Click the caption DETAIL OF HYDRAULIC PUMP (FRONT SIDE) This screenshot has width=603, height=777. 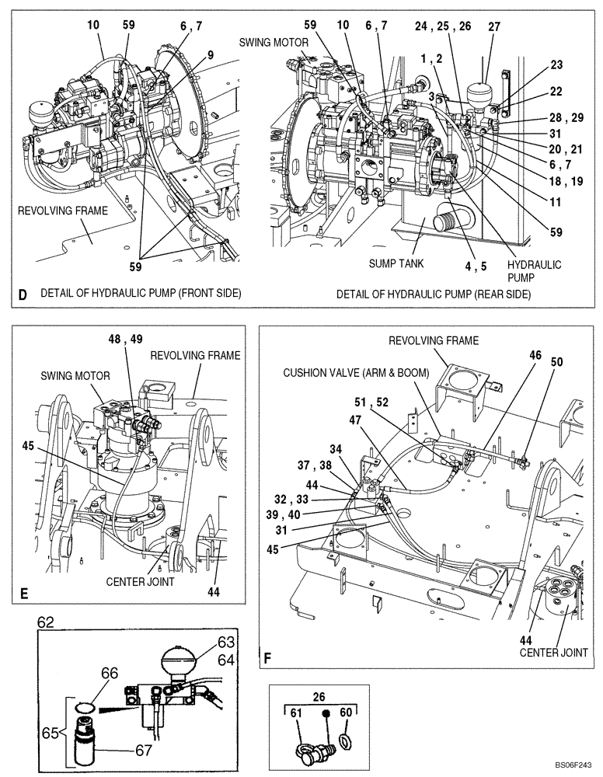[141, 293]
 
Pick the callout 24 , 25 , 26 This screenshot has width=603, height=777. [442, 26]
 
